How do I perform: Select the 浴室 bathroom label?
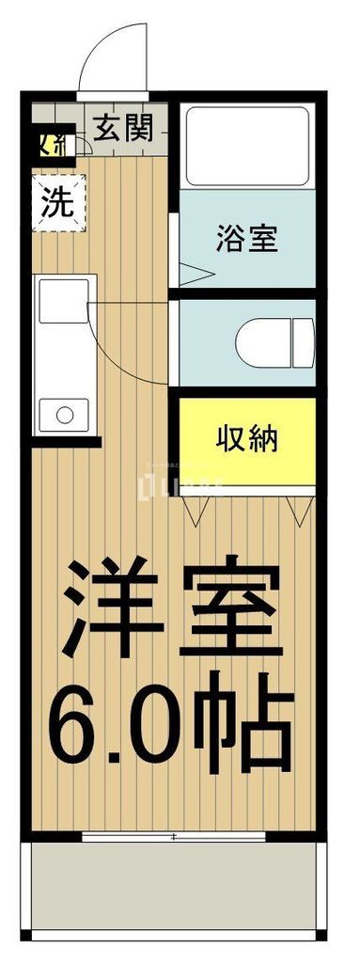pos(246,237)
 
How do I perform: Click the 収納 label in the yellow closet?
pos(248,438)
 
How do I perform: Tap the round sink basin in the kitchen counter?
pos(64,413)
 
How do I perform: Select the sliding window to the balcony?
pos(179,835)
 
